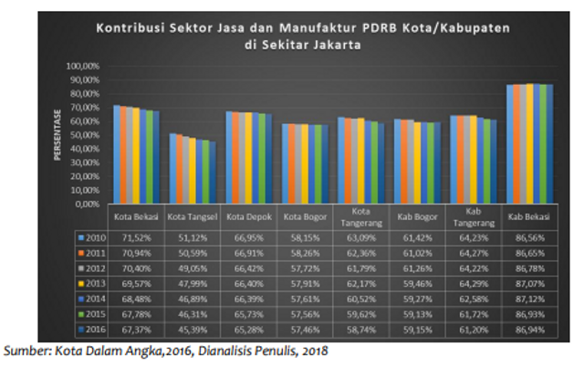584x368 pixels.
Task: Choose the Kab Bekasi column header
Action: tap(525, 216)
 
